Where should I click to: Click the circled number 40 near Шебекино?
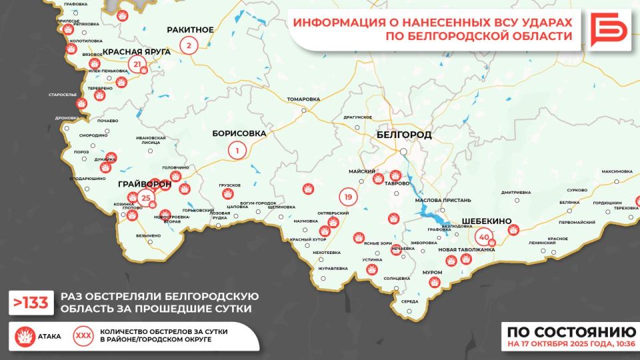[484, 236]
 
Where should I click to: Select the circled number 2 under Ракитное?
[189, 46]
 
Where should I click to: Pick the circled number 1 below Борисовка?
[236, 151]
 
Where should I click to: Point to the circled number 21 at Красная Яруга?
[138, 65]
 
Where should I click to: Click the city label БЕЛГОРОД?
[403, 135]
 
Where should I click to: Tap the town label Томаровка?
[303, 99]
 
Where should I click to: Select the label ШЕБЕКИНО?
[486, 221]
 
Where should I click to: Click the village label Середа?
[409, 301]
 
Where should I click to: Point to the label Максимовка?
[617, 171]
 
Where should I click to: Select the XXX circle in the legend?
[83, 335]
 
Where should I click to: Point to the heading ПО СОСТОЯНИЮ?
[571, 332]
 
